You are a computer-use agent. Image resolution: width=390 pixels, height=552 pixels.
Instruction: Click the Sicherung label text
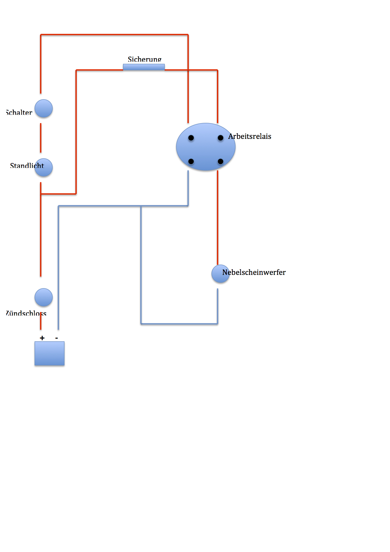pyautogui.click(x=144, y=59)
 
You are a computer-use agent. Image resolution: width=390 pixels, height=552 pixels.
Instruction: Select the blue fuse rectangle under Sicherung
pyautogui.click(x=144, y=67)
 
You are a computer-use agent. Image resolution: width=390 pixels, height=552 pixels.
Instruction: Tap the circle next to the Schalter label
pyautogui.click(x=43, y=109)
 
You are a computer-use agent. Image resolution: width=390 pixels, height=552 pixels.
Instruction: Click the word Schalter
pyautogui.click(x=19, y=112)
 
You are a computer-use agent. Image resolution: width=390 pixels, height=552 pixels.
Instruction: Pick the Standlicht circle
pyautogui.click(x=44, y=168)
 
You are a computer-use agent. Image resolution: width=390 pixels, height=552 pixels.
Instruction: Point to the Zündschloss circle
pyautogui.click(x=43, y=297)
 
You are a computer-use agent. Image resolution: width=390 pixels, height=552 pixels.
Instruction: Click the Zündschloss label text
pyautogui.click(x=26, y=313)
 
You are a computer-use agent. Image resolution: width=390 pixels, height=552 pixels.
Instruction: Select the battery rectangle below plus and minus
pyautogui.click(x=49, y=353)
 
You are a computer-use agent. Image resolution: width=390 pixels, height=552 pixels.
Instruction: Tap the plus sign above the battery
pyautogui.click(x=42, y=338)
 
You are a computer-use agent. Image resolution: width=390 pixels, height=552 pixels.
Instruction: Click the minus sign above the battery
pyautogui.click(x=57, y=338)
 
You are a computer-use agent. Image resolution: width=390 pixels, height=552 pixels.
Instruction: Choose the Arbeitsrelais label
pyautogui.click(x=250, y=136)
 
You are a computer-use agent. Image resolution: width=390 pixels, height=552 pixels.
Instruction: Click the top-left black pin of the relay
pyautogui.click(x=191, y=138)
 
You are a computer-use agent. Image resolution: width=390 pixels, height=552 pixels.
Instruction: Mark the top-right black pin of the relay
pyautogui.click(x=220, y=138)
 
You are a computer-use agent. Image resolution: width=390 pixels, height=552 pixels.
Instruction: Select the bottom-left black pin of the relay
pyautogui.click(x=191, y=162)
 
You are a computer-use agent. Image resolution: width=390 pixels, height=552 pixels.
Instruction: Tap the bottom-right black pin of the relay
pyautogui.click(x=220, y=162)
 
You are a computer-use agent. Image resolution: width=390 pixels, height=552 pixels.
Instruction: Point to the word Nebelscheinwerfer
pyautogui.click(x=254, y=272)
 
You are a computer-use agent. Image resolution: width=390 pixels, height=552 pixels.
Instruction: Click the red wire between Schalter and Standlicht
pyautogui.click(x=41, y=138)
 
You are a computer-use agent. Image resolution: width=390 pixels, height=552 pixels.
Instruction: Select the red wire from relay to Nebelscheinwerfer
pyautogui.click(x=218, y=217)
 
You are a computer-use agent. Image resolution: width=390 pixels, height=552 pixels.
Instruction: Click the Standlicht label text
pyautogui.click(x=27, y=166)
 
